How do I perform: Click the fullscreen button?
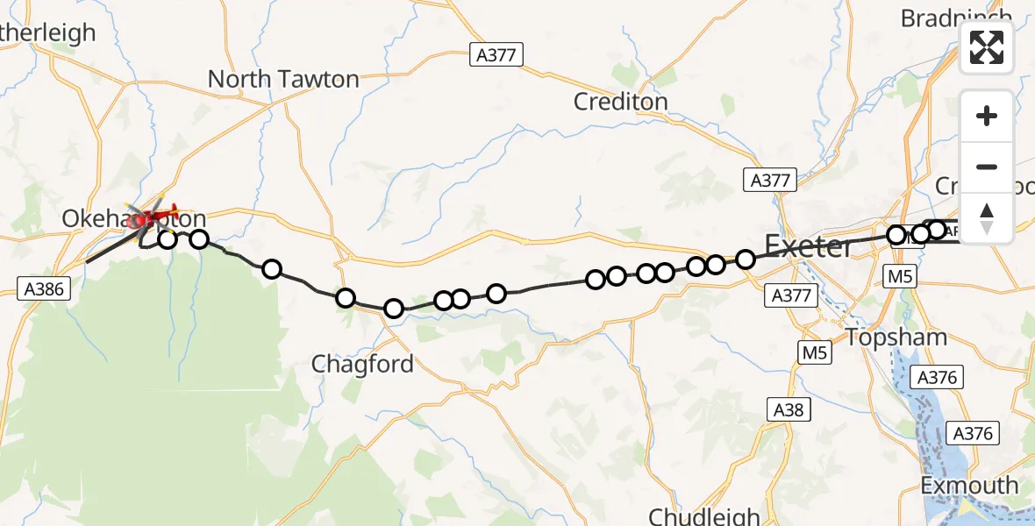point(987,47)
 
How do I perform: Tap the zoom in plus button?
point(987,116)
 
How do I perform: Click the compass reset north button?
point(987,218)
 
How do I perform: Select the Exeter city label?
point(809,246)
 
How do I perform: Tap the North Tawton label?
point(283,79)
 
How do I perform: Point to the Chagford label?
point(362,364)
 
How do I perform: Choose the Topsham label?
point(896,338)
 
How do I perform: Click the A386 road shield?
point(44,288)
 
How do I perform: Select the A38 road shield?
point(787,409)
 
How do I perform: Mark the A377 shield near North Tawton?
point(496,54)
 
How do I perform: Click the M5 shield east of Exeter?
point(901,278)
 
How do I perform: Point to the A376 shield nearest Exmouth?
point(973,433)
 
